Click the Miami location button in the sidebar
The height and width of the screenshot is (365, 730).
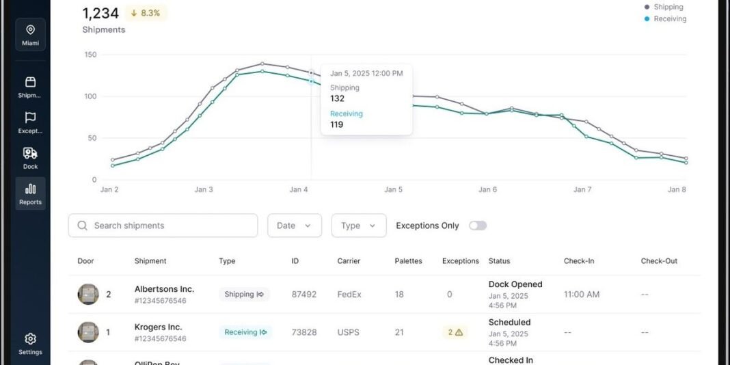[30, 35]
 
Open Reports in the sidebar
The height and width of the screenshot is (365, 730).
[30, 193]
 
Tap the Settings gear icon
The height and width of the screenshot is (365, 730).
[30, 339]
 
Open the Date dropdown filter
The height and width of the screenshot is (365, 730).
[294, 226]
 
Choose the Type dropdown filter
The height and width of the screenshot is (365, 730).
[358, 226]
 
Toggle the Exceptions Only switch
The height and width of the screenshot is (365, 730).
[478, 226]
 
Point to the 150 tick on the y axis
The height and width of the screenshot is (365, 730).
[90, 55]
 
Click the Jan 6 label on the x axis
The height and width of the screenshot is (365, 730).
[487, 190]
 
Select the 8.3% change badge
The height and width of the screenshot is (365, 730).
[146, 13]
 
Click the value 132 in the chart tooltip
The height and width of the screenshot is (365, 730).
[337, 98]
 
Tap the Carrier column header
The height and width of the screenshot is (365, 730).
[349, 261]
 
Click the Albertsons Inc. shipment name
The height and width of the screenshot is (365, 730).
[164, 289]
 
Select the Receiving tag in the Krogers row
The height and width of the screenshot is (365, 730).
[245, 332]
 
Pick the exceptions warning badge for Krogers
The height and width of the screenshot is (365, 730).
[455, 332]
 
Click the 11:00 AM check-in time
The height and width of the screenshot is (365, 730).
[582, 295]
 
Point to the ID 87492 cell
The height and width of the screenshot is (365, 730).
[303, 295]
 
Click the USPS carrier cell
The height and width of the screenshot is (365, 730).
[349, 332]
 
